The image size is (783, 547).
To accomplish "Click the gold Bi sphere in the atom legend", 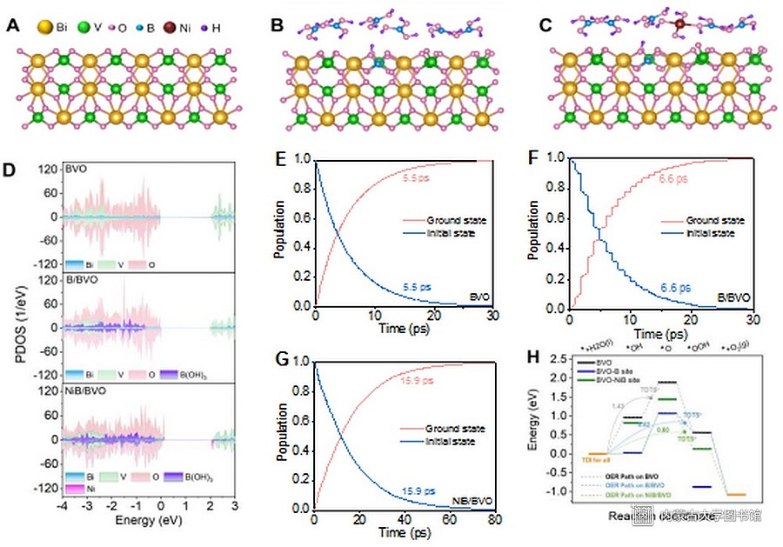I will [43, 27].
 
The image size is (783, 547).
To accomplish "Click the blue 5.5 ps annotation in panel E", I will [418, 286].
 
